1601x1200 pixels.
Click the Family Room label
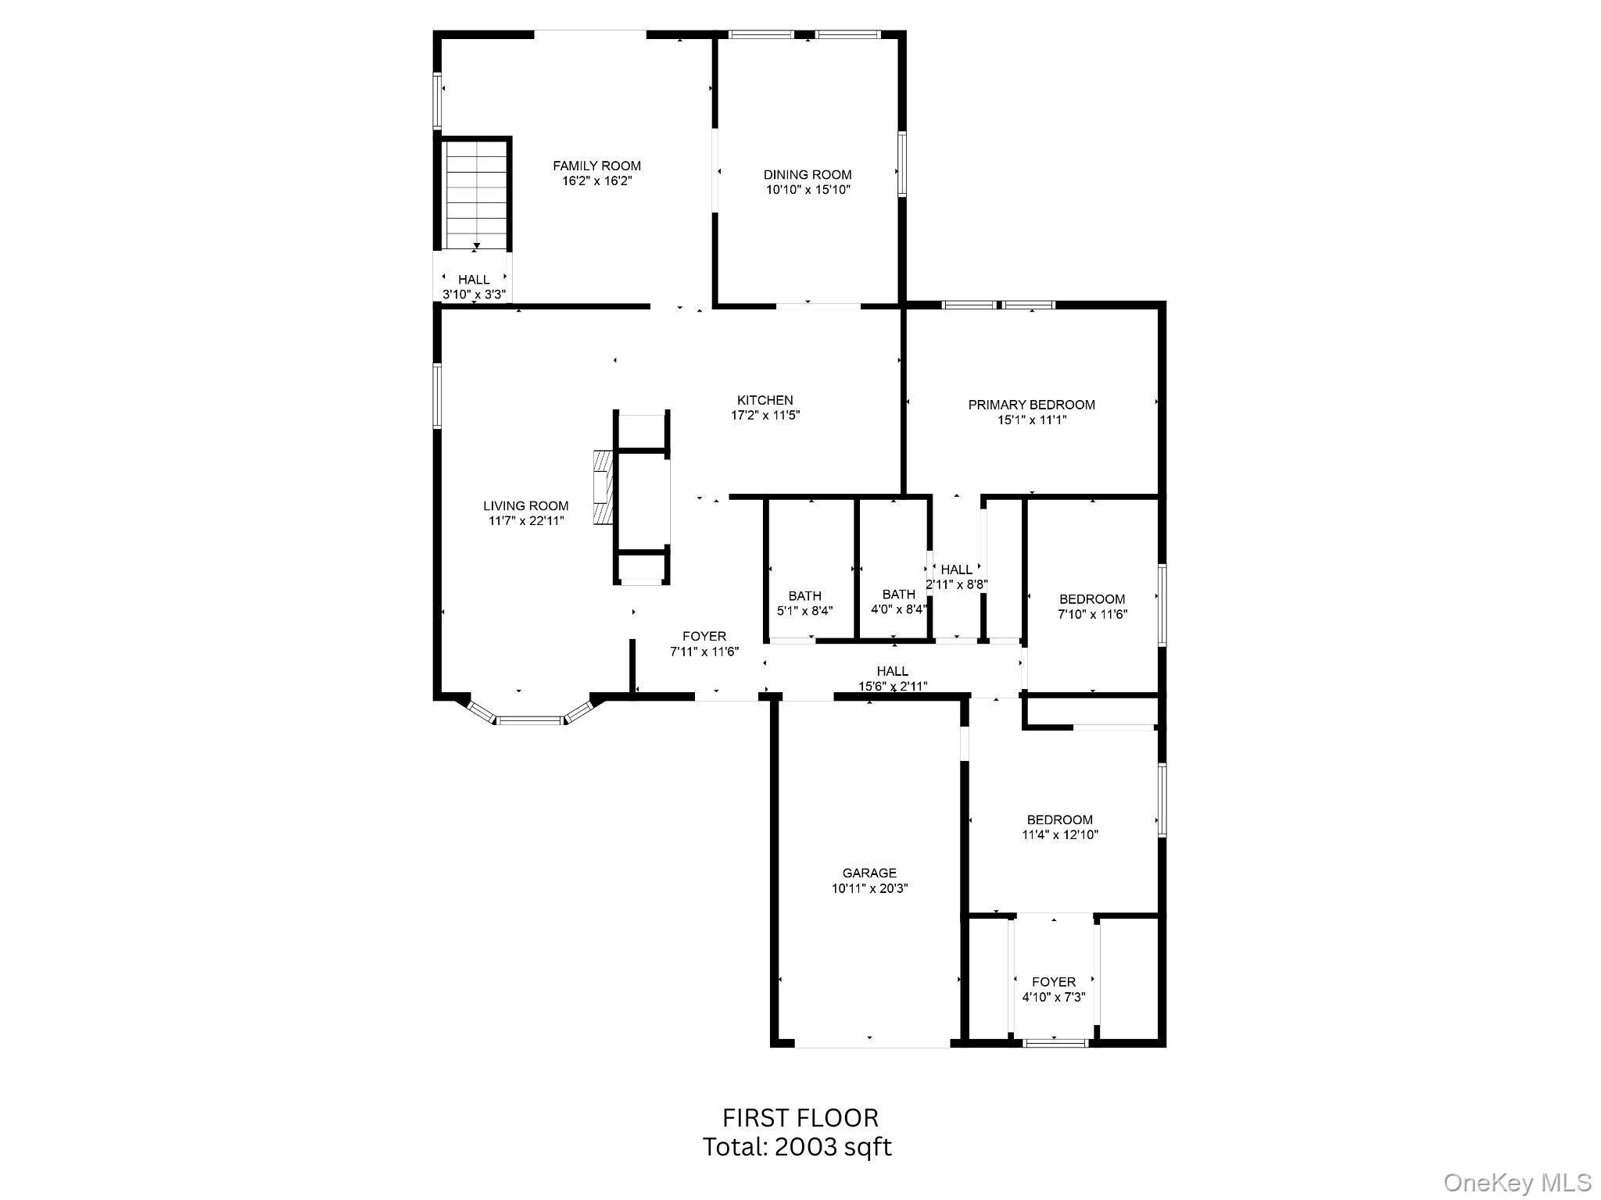click(596, 166)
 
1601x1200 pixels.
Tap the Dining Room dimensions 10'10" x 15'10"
click(808, 190)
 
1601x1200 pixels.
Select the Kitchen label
click(765, 400)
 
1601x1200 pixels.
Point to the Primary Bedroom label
click(1031, 405)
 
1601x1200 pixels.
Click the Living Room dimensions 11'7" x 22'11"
click(525, 521)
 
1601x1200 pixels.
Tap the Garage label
click(869, 873)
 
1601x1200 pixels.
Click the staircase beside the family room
click(475, 195)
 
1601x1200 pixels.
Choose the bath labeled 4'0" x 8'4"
click(898, 602)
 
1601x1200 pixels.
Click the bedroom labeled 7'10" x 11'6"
click(1092, 606)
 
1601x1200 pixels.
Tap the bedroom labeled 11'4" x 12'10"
click(1059, 827)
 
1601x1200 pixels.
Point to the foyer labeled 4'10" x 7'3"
click(1053, 989)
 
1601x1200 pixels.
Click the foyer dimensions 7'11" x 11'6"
click(704, 652)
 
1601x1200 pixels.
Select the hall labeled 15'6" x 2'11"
click(892, 678)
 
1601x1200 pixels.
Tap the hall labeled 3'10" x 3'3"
click(474, 287)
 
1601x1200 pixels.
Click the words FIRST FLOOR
click(800, 1118)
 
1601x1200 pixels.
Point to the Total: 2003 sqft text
click(797, 1147)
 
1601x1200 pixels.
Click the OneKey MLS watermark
click(1517, 1182)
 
